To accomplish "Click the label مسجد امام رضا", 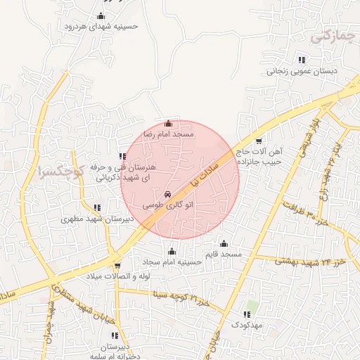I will (169, 133).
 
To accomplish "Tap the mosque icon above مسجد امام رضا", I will (167, 124).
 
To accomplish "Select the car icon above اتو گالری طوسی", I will (167, 194).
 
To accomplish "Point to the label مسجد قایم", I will (223, 252).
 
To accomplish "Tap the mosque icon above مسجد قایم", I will (224, 243).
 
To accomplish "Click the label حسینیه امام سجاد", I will (172, 262).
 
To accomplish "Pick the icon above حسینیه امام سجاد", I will (172, 252).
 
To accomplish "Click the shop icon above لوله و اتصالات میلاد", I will (117, 266).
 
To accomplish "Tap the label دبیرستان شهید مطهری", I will (98, 218).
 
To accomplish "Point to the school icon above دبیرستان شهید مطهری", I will (97, 207).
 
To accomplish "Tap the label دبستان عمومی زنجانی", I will (301, 71).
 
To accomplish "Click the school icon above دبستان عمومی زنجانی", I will (302, 60).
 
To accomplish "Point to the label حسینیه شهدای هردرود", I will (102, 26).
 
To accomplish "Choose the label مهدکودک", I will (246, 325).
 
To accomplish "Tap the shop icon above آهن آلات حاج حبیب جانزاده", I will (259, 141).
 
